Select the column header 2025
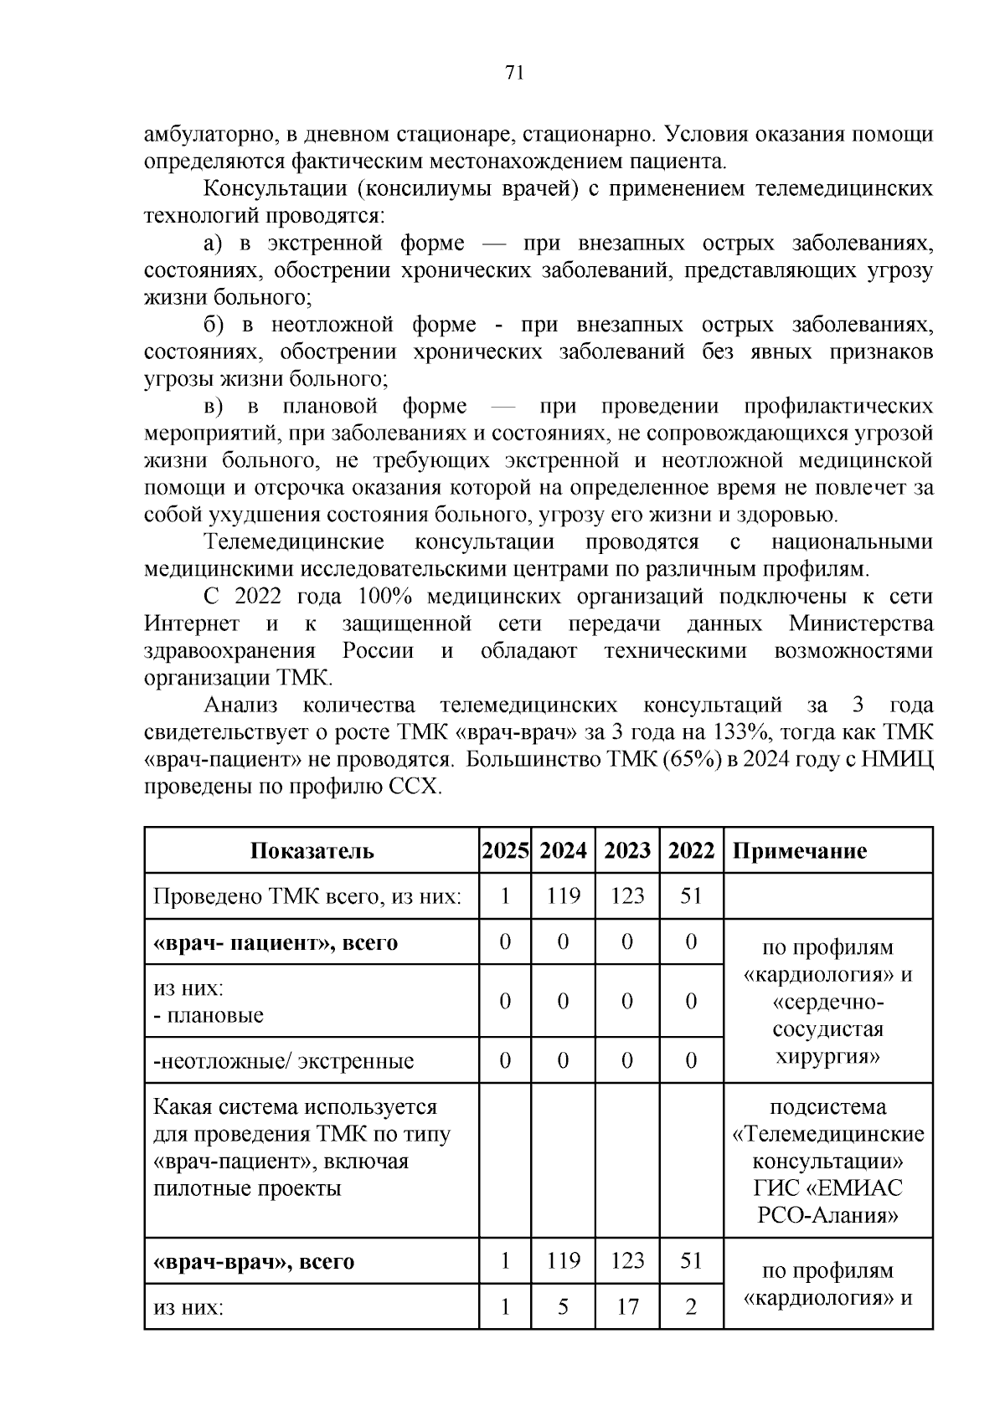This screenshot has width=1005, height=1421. coord(505,851)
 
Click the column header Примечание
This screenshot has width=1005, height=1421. coord(800,851)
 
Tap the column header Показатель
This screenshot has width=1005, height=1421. coord(312,851)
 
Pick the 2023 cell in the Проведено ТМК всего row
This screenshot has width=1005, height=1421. coord(627,896)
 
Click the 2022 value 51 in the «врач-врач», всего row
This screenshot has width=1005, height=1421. coord(691,1260)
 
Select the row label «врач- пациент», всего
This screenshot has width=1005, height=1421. coord(275,942)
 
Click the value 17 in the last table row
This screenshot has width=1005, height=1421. coord(627,1306)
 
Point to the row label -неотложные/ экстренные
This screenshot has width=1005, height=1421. coord(284,1061)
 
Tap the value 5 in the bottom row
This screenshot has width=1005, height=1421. coord(563,1306)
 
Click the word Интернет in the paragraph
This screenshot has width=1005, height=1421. coord(192,624)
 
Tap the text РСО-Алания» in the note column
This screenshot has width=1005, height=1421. coord(827,1215)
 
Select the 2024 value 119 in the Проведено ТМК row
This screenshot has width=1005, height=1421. coord(563,896)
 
